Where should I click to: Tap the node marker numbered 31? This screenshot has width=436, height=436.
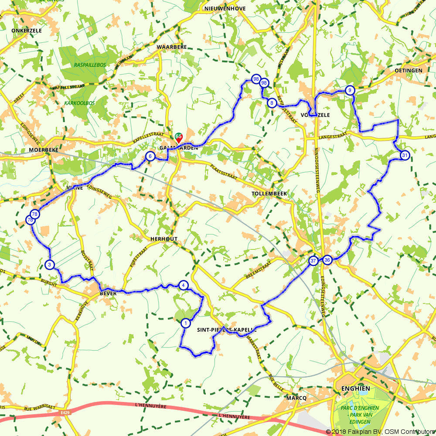[405, 156]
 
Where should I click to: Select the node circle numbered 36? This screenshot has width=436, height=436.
[327, 260]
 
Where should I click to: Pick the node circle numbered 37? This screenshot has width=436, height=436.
[313, 261]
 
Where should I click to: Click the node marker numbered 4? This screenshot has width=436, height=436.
[184, 286]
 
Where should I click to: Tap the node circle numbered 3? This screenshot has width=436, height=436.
[50, 265]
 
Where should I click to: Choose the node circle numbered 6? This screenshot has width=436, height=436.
[150, 156]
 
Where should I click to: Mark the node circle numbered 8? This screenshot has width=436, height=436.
[272, 103]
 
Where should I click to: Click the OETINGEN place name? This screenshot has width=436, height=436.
[408, 71]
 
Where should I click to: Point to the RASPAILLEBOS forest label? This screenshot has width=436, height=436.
[90, 65]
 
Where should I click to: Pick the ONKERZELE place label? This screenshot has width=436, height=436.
[26, 31]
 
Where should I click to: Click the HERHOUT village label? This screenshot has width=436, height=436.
[164, 239]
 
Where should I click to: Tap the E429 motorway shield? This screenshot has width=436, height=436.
[65, 412]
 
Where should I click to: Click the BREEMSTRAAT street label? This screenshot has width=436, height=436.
[259, 270]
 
